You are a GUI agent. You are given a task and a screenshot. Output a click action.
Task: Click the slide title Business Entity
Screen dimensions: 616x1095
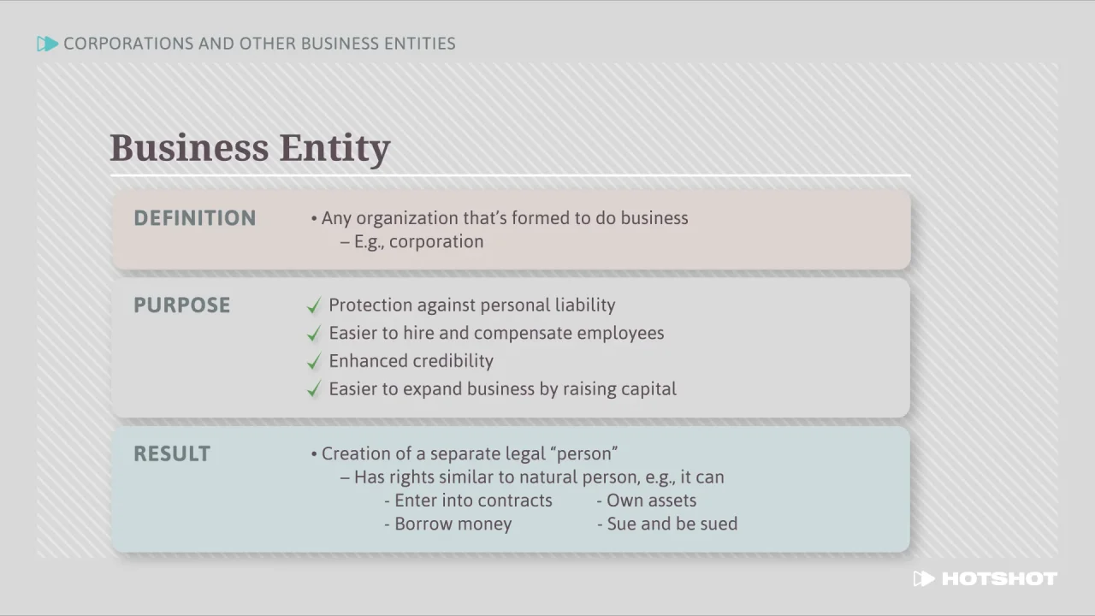coord(250,148)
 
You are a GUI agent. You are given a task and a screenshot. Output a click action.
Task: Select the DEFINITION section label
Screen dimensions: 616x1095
coord(195,218)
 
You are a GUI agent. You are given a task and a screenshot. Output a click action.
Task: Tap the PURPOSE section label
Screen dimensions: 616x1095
coord(181,305)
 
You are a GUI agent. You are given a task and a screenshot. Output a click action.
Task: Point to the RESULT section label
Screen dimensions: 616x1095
coord(172,454)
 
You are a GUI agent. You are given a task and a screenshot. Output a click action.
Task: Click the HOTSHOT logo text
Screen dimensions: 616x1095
coord(998,579)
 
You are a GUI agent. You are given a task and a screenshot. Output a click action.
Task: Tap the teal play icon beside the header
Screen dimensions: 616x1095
coord(48,44)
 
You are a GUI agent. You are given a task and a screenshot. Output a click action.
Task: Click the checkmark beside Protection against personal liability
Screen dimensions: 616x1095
coord(314,305)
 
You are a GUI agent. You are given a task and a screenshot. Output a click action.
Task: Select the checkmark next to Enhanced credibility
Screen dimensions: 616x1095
coord(314,362)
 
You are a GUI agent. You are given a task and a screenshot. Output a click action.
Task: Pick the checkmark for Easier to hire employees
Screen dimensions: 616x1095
coord(314,334)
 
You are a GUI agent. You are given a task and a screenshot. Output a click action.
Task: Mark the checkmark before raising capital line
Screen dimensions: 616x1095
coord(314,390)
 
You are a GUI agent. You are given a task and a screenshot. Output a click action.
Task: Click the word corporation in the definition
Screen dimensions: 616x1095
coord(436,242)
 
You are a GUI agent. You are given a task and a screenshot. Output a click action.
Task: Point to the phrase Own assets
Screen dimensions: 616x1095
coord(651,500)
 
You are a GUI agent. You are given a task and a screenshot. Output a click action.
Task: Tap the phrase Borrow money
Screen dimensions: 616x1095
coord(453,524)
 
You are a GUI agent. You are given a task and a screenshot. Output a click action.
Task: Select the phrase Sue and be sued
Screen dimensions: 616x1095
coord(672,524)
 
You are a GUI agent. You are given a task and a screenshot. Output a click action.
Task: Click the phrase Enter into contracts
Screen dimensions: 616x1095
coord(473,500)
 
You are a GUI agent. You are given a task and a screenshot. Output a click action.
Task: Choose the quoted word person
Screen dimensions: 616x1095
coord(588,453)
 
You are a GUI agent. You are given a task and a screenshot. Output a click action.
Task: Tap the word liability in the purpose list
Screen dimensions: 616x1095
coord(584,305)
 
